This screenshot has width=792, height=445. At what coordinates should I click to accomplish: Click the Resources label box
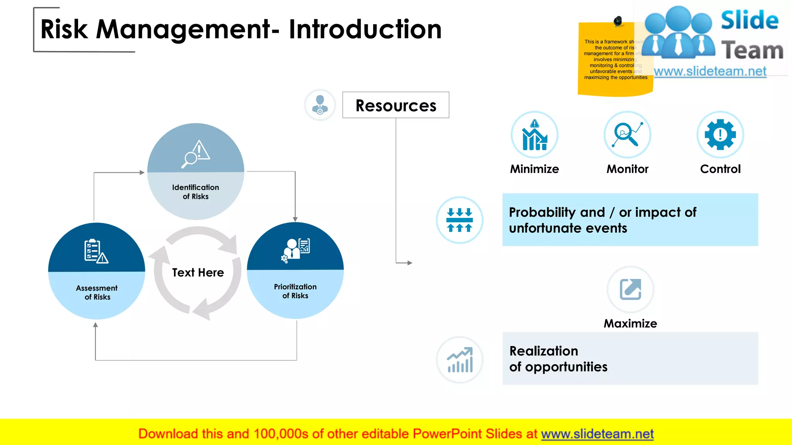(x=396, y=105)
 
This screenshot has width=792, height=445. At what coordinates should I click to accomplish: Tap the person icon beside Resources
(x=320, y=105)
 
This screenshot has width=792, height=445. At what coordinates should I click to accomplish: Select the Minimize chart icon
(x=534, y=135)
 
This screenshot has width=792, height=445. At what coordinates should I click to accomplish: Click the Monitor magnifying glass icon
(x=627, y=135)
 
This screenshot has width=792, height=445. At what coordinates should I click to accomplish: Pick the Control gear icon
(x=720, y=135)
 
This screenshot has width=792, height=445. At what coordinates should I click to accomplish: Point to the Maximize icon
(x=630, y=289)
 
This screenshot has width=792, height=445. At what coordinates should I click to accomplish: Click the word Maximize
(x=630, y=323)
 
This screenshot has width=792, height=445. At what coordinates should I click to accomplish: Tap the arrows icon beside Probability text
(x=459, y=220)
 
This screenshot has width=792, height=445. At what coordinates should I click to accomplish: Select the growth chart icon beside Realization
(x=459, y=360)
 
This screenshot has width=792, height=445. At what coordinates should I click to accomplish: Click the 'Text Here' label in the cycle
(x=198, y=272)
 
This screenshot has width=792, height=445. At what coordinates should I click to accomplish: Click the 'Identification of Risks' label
(x=196, y=192)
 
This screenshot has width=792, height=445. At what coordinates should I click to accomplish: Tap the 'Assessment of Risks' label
(x=97, y=292)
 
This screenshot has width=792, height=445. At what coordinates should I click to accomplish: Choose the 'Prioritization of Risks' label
(x=295, y=291)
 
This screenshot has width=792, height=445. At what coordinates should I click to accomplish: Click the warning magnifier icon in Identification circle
(x=196, y=154)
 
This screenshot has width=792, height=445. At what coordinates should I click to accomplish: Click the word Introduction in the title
(x=365, y=29)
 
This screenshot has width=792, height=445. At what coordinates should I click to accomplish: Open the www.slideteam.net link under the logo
(x=710, y=71)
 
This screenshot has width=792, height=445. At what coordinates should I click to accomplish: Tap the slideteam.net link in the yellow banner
(x=597, y=434)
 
